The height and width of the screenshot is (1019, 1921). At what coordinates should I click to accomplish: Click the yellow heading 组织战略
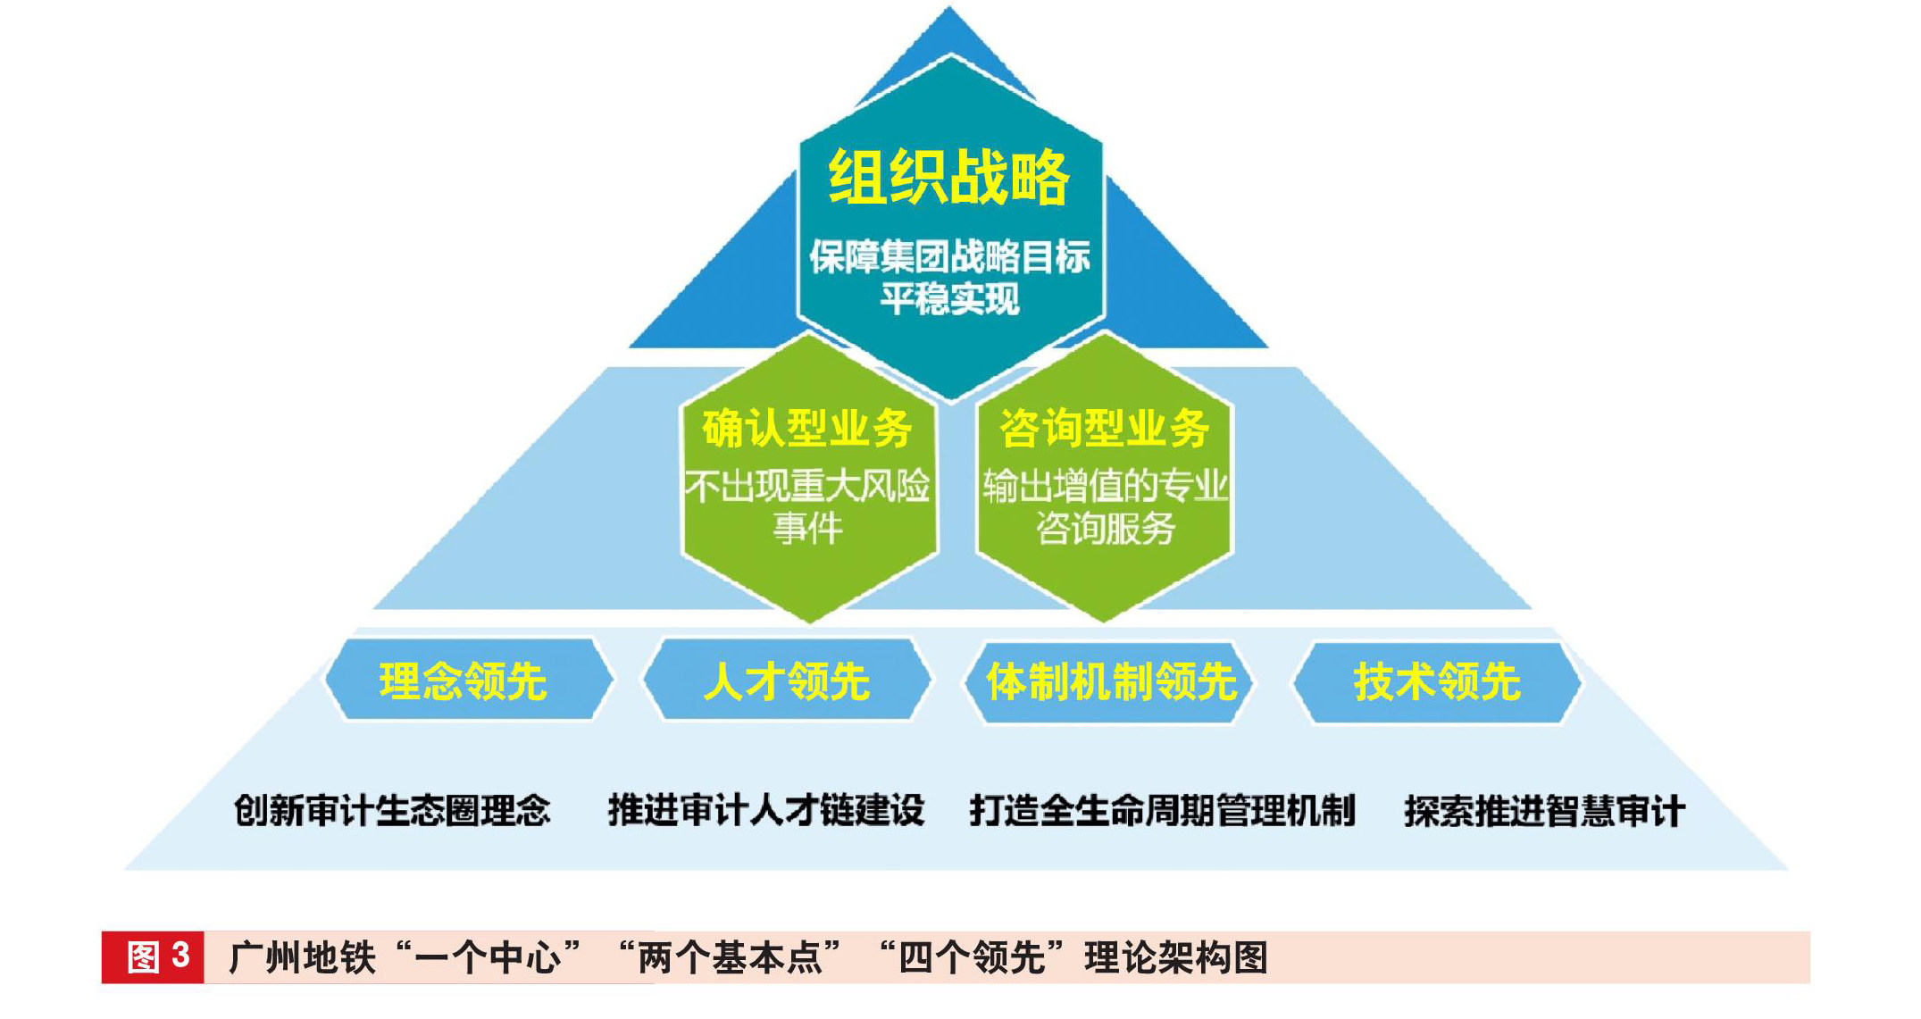click(x=948, y=178)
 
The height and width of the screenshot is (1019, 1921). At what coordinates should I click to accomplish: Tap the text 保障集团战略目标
click(x=949, y=256)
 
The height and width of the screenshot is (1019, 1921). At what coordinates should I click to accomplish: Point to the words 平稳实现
click(x=949, y=299)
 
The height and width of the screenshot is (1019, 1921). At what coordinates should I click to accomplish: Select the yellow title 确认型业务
click(x=806, y=429)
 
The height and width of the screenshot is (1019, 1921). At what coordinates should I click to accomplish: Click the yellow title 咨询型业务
click(x=1104, y=429)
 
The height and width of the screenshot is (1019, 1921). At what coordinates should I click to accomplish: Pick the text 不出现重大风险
click(x=807, y=487)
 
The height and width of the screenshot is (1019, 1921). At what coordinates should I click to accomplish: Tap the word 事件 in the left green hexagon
click(x=807, y=529)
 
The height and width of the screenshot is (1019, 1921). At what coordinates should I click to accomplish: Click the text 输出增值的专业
click(x=1105, y=487)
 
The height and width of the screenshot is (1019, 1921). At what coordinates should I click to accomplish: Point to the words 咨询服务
click(x=1105, y=529)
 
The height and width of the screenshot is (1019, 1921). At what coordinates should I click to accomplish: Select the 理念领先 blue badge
click(x=464, y=681)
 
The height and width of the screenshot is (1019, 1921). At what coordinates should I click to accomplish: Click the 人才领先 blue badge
click(x=786, y=681)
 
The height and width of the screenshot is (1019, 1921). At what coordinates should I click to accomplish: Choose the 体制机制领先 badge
click(x=1110, y=681)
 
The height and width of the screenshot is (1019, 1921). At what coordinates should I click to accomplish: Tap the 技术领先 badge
click(x=1436, y=681)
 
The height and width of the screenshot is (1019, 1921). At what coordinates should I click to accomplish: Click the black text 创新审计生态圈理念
click(x=392, y=811)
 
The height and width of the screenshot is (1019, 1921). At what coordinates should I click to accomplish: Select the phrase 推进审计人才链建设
click(x=765, y=811)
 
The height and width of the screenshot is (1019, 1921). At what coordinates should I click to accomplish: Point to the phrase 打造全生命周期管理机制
click(x=1162, y=811)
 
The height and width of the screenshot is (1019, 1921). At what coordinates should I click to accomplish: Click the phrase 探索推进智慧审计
click(x=1544, y=811)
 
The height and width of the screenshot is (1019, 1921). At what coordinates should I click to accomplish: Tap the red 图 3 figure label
click(x=154, y=957)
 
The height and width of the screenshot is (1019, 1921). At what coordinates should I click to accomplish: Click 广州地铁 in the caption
click(x=302, y=957)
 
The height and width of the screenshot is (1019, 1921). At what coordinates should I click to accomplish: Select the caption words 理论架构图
click(x=1176, y=957)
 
